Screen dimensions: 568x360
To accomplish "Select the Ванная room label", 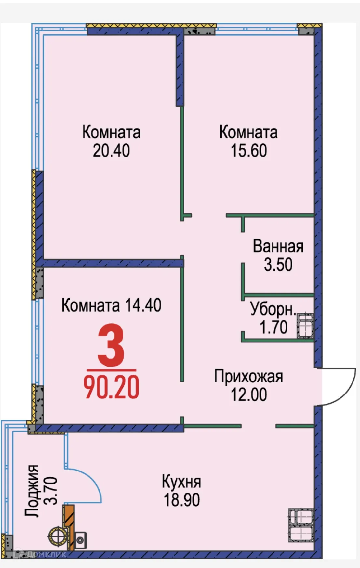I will tap(278, 246).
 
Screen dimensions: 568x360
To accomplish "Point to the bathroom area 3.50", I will tap(278, 265).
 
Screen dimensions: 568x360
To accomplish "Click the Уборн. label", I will tap(273, 309).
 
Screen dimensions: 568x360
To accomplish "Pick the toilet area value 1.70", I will tap(273, 327).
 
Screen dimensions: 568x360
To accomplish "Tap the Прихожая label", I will tap(248, 377).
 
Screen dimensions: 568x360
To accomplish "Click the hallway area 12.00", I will tap(249, 394).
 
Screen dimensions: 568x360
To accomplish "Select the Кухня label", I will tap(181, 482).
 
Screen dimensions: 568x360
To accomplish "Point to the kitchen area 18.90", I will tap(181, 500).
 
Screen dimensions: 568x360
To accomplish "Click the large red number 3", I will tap(111, 345).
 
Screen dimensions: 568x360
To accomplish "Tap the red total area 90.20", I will tap(111, 387).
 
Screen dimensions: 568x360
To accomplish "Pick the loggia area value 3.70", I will tap(51, 491).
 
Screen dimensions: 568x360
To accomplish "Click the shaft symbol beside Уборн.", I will tap(305, 326).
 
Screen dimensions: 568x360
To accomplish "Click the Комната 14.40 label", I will tap(111, 305).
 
